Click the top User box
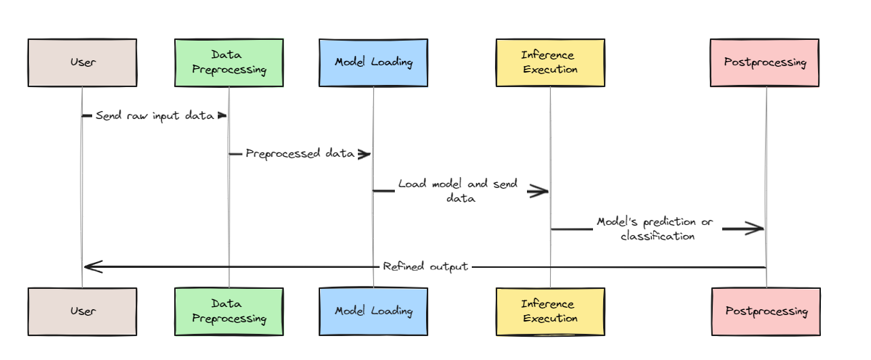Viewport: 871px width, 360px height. (x=82, y=62)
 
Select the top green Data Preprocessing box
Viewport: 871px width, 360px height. (x=229, y=62)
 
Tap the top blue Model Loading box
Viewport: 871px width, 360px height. (x=373, y=62)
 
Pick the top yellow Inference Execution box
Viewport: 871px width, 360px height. (x=549, y=62)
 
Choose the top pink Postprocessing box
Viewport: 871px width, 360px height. (x=765, y=62)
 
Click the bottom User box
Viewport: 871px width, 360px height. (x=82, y=311)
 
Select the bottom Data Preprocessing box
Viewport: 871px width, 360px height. (x=229, y=311)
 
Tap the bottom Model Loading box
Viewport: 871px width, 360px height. (x=373, y=311)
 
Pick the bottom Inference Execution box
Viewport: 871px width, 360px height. (x=549, y=311)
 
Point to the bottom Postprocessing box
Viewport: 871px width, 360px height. (x=766, y=311)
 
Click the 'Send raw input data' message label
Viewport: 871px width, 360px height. (x=154, y=115)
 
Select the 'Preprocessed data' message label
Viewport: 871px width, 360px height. (x=299, y=153)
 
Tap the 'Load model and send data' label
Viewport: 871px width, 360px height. (x=457, y=191)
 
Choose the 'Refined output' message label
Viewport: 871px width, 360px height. (x=425, y=266)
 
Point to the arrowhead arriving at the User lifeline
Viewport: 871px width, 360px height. (x=93, y=266)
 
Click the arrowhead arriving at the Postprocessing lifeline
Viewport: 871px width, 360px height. (x=755, y=229)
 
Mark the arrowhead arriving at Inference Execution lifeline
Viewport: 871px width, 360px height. (x=539, y=191)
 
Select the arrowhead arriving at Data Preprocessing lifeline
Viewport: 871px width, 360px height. (x=222, y=115)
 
